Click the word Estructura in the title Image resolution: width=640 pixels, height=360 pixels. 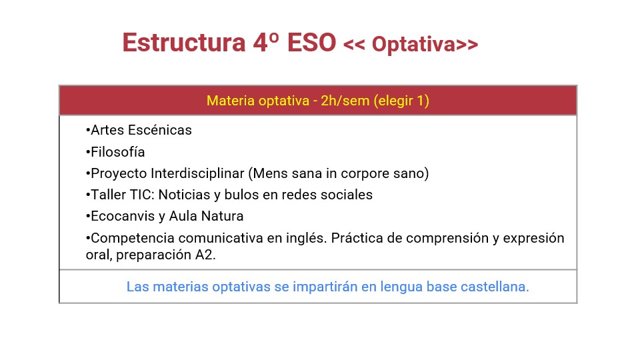pos(184,43)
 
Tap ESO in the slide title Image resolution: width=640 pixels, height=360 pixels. pos(312,43)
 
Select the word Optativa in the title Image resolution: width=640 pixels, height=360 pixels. pos(414,45)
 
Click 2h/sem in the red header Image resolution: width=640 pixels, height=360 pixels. pos(345,101)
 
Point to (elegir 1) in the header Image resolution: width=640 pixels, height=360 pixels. pos(401,101)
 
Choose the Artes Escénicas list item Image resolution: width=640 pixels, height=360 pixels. pos(139,130)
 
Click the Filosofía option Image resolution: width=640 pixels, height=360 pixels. pos(115,152)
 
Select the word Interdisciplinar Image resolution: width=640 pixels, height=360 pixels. pos(197,173)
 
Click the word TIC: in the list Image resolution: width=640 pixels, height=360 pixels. pos(142,195)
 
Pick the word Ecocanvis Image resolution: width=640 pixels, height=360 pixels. pos(123,216)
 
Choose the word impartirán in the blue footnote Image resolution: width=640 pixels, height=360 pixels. pos(325,287)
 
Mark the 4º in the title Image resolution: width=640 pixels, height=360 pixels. pos(266,43)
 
